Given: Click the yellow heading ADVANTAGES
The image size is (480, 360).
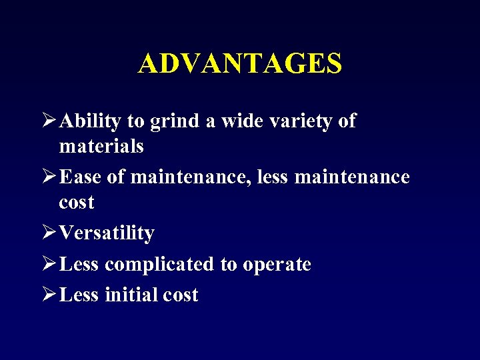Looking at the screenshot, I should pyautogui.click(x=240, y=63).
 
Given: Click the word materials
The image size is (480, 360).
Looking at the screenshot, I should pyautogui.click(x=101, y=146).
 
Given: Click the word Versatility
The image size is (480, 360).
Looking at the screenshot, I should pyautogui.click(x=107, y=233).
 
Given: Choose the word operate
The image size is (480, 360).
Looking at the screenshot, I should pyautogui.click(x=277, y=265).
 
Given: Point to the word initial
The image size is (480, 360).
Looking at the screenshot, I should pyautogui.click(x=131, y=295).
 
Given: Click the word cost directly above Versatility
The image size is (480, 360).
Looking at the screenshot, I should pyautogui.click(x=77, y=203).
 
